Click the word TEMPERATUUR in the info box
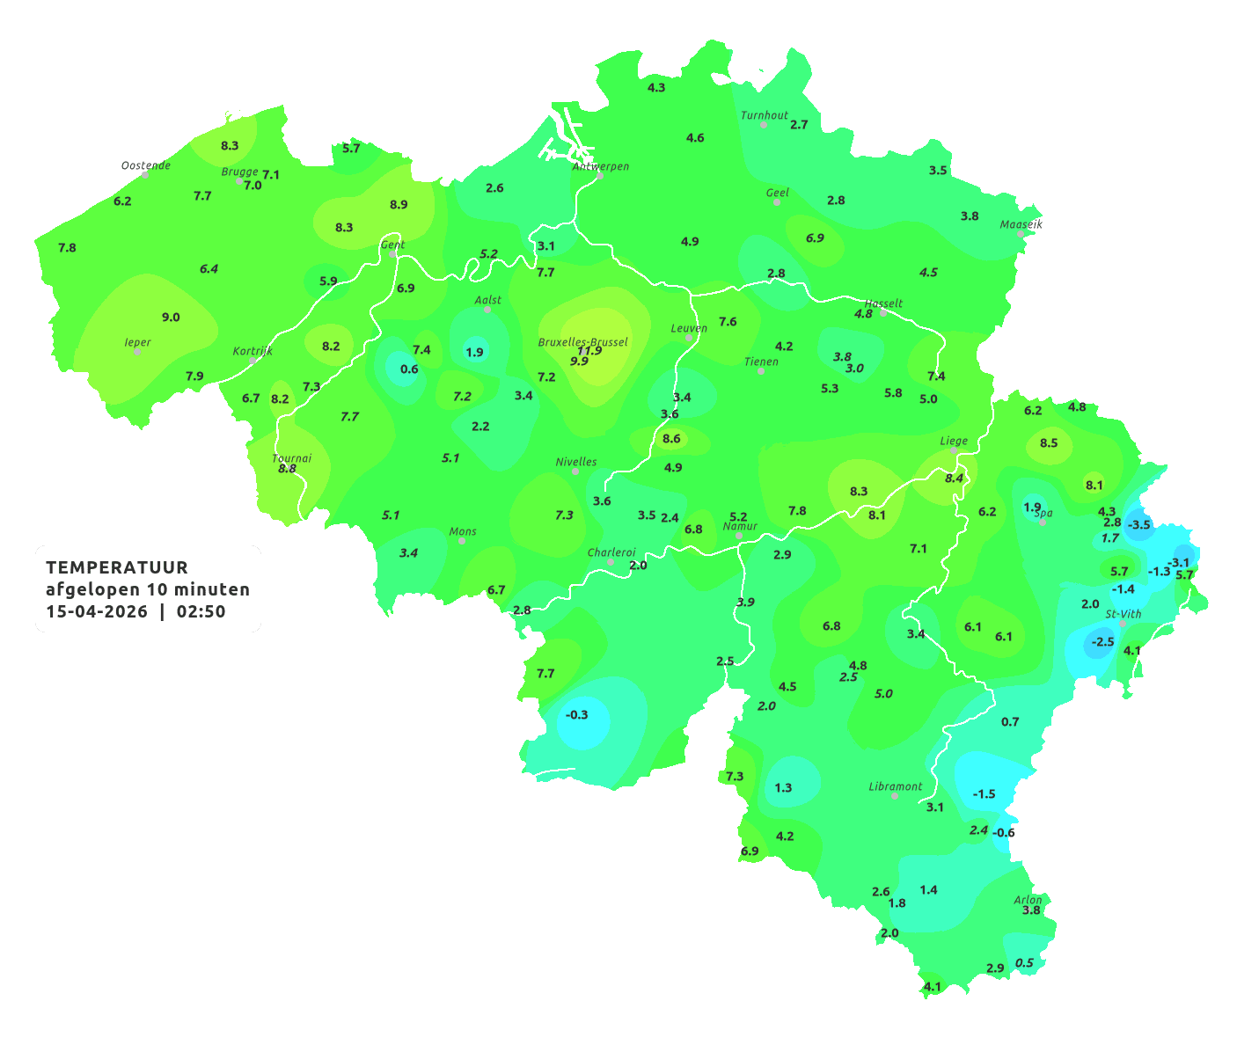click(x=117, y=567)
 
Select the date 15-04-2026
click(x=97, y=611)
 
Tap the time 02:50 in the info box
click(x=201, y=611)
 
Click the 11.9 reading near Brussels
click(x=589, y=351)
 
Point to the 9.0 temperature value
click(x=171, y=317)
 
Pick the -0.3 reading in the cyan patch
click(x=577, y=714)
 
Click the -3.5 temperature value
click(x=1138, y=524)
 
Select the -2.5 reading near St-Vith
click(x=1102, y=642)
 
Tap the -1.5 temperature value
click(x=984, y=793)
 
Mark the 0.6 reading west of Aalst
click(x=409, y=369)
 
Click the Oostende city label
click(x=145, y=165)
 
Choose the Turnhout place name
click(x=765, y=115)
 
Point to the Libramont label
click(x=896, y=786)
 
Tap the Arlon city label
click(x=1028, y=900)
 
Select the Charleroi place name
click(x=611, y=552)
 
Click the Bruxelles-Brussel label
click(x=583, y=341)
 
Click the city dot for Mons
click(x=462, y=541)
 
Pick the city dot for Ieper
click(x=137, y=352)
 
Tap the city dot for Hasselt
click(x=883, y=312)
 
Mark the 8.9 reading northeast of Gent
click(x=399, y=204)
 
